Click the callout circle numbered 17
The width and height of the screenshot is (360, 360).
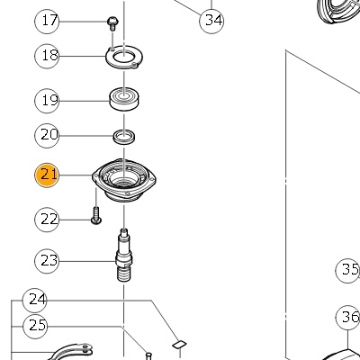click(47, 21)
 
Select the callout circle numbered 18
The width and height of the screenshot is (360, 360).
click(47, 56)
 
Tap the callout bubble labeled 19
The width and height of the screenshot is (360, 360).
click(47, 101)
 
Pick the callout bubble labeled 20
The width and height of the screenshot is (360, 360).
click(47, 136)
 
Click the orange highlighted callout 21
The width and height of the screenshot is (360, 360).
click(47, 175)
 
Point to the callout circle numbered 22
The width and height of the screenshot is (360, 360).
click(47, 220)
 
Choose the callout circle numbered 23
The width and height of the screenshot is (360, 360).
click(47, 261)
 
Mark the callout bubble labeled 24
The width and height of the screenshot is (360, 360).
click(35, 301)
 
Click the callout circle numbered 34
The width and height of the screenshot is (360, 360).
click(211, 21)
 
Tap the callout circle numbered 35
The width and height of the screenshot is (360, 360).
click(347, 271)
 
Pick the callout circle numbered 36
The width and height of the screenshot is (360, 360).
click(348, 318)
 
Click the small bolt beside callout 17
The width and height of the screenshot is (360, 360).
click(112, 23)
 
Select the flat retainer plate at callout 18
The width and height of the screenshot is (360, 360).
click(124, 58)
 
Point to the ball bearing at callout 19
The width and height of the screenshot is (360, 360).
click(124, 100)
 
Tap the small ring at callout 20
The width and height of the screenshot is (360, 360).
click(124, 137)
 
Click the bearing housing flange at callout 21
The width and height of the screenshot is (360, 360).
click(124, 179)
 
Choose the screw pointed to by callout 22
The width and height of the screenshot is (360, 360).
click(96, 216)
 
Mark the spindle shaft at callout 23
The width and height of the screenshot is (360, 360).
click(124, 255)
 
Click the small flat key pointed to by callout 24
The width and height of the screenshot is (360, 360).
click(179, 345)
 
